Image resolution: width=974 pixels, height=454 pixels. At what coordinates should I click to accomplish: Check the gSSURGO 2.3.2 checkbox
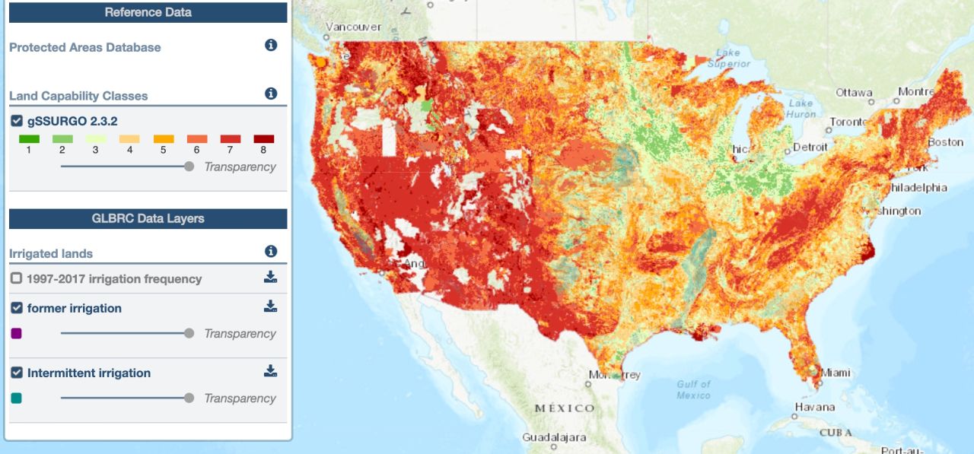coord(17,121)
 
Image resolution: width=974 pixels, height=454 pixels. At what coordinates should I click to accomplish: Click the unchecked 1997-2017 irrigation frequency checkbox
coord(17,278)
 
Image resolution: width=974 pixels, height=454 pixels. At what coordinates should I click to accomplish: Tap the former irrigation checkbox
coord(17,308)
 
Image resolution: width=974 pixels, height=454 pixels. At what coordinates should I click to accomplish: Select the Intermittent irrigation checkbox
coord(17,373)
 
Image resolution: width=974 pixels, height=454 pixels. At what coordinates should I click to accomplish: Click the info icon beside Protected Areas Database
coord(271,46)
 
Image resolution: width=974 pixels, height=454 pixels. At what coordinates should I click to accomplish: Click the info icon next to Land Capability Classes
coord(271,94)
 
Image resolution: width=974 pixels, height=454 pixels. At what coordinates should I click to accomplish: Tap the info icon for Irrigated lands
coord(271,252)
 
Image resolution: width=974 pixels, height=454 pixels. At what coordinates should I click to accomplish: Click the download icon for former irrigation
coord(270,306)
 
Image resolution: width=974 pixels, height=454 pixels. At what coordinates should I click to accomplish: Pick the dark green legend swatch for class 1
coord(29,139)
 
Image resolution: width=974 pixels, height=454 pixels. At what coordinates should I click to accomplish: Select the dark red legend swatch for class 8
coord(264,139)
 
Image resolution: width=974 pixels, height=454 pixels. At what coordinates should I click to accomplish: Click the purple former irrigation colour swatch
coord(17,333)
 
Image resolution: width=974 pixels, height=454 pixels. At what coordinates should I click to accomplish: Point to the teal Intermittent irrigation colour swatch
coord(17,398)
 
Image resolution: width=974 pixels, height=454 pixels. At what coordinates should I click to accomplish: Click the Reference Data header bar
coord(148,12)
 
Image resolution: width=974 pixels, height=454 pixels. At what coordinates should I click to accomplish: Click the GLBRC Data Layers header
coord(148,218)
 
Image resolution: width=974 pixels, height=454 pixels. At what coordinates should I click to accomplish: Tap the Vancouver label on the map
coord(353,27)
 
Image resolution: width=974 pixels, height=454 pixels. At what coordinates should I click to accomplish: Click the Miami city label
coord(835,373)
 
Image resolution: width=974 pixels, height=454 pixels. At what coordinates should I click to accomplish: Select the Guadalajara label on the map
coord(554,438)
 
